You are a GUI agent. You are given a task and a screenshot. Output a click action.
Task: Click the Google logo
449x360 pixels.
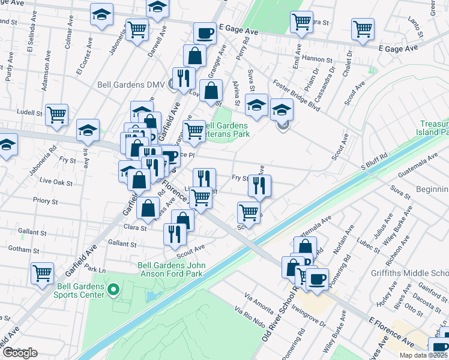[20, 353]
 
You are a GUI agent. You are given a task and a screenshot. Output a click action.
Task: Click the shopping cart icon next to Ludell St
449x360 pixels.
[57, 114]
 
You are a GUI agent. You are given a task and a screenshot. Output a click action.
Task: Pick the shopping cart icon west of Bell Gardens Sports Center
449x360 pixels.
[42, 273]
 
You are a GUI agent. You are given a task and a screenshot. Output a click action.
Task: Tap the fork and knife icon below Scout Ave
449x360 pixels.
[175, 233]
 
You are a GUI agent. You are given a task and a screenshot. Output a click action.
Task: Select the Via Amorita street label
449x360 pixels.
[260, 303]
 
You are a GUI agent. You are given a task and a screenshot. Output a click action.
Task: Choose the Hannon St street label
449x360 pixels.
[318, 59]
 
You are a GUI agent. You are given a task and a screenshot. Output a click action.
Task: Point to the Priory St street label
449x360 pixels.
[45, 202]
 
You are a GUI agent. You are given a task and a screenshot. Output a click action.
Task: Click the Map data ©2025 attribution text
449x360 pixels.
[423, 355]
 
